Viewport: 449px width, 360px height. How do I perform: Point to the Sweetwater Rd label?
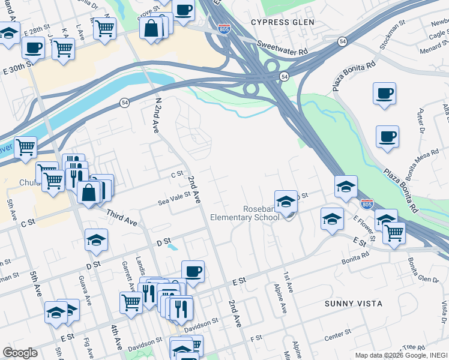(282, 48)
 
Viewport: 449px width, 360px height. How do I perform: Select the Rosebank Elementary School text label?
(245, 213)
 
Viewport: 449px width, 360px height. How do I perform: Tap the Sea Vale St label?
(173, 198)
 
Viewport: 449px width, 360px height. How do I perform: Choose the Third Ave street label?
(122, 217)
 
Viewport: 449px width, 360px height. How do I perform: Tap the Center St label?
(338, 334)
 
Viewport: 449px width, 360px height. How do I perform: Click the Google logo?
(20, 353)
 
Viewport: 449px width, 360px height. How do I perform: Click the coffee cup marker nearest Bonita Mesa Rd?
(387, 136)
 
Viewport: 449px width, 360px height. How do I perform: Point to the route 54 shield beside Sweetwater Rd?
(342, 41)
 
